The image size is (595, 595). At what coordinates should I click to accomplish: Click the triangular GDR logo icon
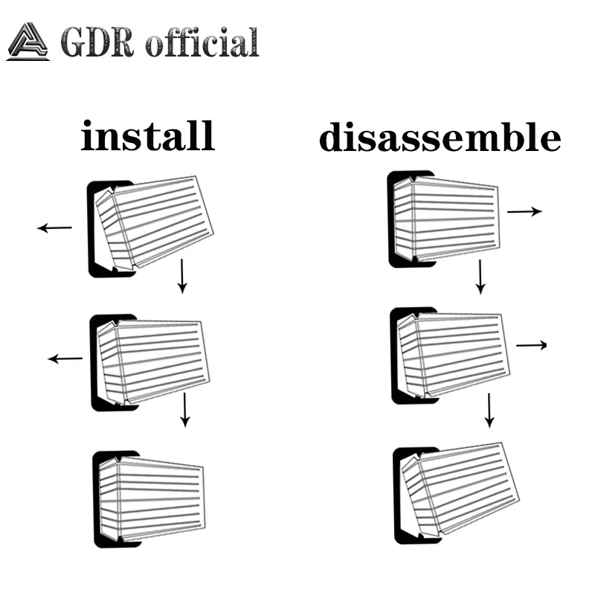coord(28,42)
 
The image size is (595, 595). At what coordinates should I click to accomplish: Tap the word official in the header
coord(202,42)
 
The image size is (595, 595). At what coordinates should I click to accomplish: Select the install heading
coord(147,137)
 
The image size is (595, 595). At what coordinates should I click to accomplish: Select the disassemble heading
coord(440,138)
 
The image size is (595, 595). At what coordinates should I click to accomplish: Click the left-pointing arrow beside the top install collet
coord(55,228)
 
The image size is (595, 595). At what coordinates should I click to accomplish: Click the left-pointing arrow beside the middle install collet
coord(65,359)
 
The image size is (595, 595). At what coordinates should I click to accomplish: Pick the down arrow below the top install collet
coord(181,277)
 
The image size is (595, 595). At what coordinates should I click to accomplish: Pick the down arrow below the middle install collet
coord(185,409)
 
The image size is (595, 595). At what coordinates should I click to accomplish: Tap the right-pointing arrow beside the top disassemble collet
coord(524,212)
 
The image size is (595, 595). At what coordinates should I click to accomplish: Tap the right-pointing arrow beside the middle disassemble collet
coord(531,345)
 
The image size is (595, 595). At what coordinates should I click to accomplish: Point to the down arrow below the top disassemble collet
coord(480,277)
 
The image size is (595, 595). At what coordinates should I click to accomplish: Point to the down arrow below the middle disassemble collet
coord(489,410)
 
